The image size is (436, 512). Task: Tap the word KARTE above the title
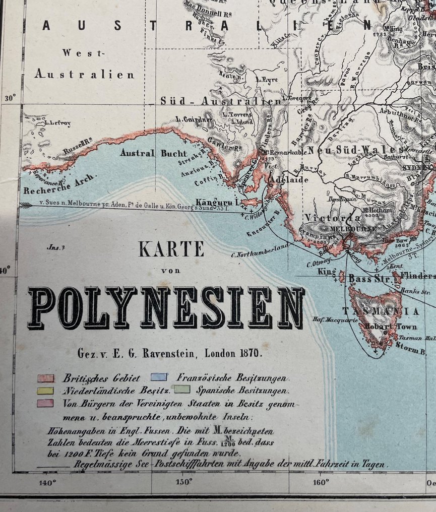pos(171,249)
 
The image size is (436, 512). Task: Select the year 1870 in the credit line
pos(250,353)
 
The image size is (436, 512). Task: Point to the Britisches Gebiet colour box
pos(46,378)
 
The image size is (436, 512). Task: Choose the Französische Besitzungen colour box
pos(158,377)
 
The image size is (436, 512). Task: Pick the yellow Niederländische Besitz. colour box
pos(46,391)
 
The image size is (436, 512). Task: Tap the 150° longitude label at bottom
pos(183,482)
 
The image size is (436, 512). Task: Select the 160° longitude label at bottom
pos(321,482)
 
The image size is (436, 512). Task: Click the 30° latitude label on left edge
pos(11,98)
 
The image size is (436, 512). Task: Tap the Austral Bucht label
pos(153,153)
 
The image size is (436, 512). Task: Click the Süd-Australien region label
pos(220,101)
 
